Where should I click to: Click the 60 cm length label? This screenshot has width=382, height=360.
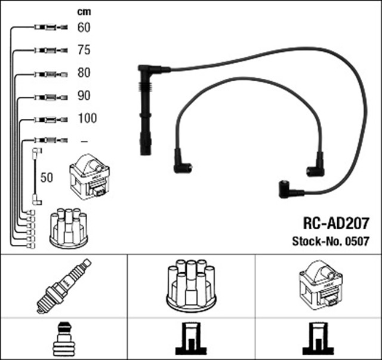(84, 27)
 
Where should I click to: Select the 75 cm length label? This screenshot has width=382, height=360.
(84, 50)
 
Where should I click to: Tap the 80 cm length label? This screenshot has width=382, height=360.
(84, 73)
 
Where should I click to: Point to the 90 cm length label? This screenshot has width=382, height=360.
(84, 96)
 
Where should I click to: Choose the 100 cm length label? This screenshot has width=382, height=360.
(87, 118)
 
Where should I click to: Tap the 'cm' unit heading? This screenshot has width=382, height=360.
(84, 11)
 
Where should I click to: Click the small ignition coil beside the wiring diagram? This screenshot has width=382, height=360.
(90, 177)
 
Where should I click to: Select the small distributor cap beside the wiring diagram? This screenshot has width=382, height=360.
(69, 227)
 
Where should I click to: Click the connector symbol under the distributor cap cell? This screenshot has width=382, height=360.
(190, 339)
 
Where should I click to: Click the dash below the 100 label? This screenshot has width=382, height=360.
(84, 141)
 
